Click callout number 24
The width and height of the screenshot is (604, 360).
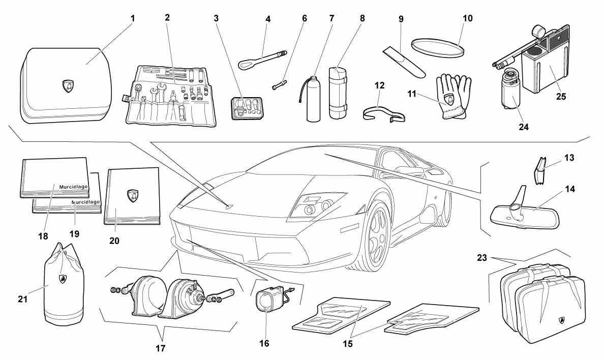pyautogui.click(x=524, y=126)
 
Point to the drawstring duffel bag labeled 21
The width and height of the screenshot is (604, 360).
pyautogui.click(x=64, y=285)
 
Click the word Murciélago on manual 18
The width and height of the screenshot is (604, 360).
pyautogui.click(x=74, y=187)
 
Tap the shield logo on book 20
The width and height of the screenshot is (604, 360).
pyautogui.click(x=132, y=196)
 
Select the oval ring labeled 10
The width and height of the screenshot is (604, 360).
pyautogui.click(x=438, y=48)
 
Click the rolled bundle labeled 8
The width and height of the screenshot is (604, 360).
pyautogui.click(x=338, y=93)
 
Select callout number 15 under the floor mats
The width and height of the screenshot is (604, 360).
pyautogui.click(x=347, y=344)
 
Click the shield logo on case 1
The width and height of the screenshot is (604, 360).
pyautogui.click(x=68, y=86)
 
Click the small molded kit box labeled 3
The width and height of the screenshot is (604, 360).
pyautogui.click(x=247, y=109)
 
